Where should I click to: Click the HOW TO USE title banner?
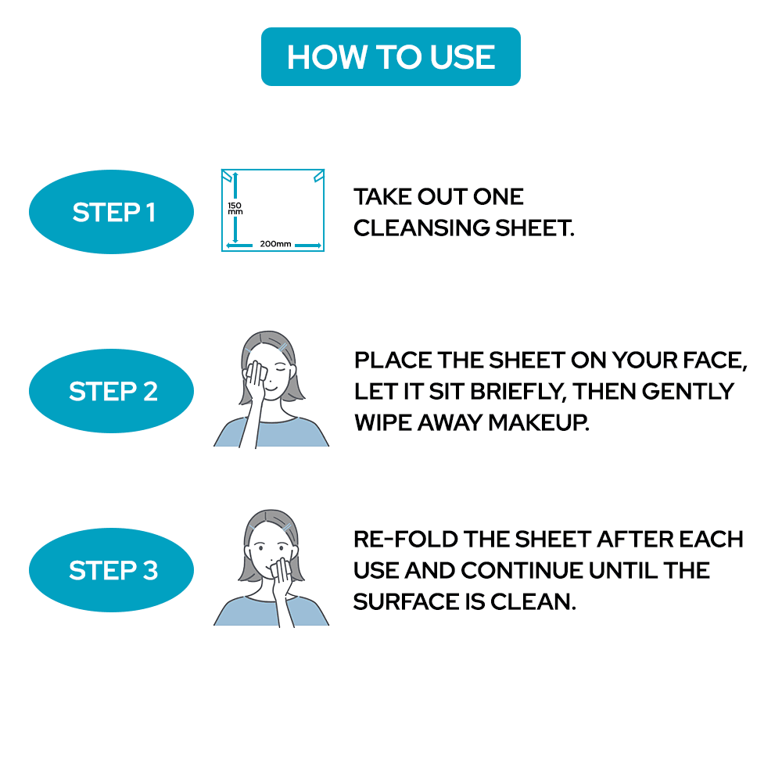pyautogui.click(x=390, y=56)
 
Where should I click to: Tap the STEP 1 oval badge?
pyautogui.click(x=111, y=212)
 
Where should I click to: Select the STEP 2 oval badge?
pyautogui.click(x=111, y=391)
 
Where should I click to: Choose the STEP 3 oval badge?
pyautogui.click(x=111, y=570)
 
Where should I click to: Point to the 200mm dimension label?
pyautogui.click(x=275, y=244)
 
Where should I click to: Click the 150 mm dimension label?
pyautogui.click(x=235, y=209)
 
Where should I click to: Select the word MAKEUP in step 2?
pyautogui.click(x=539, y=422)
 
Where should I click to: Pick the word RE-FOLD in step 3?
pyautogui.click(x=405, y=540)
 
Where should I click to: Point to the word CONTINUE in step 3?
pyautogui.click(x=521, y=571)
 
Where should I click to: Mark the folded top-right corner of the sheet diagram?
pyautogui.click(x=319, y=176)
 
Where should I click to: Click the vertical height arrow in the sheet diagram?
pyautogui.click(x=235, y=208)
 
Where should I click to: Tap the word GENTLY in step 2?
pyautogui.click(x=688, y=392)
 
